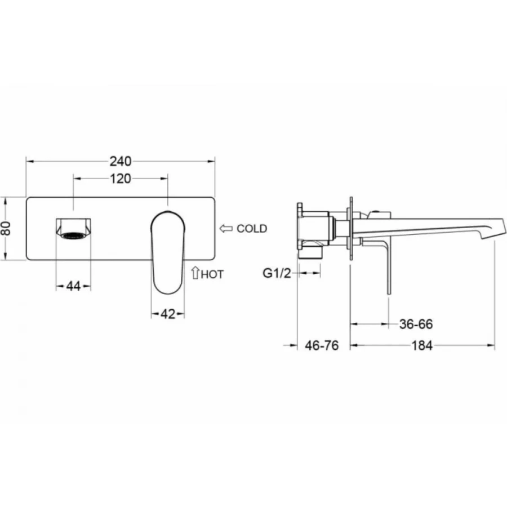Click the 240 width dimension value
tap(121, 161)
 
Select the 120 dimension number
tap(121, 179)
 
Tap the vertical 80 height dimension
tap(6, 228)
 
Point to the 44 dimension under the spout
tap(73, 286)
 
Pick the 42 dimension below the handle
tap(168, 314)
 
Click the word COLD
tap(252, 229)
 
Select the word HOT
tap(213, 274)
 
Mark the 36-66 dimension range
tap(415, 324)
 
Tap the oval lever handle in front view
tap(168, 251)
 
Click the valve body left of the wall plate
tap(315, 231)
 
